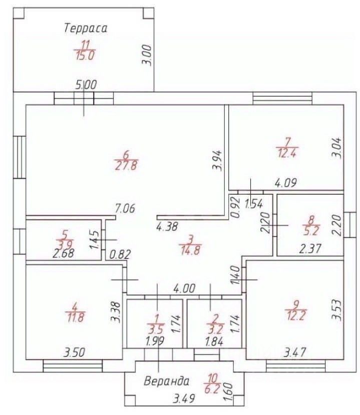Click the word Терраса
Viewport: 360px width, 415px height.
pos(86,28)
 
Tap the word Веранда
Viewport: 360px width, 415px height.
pos(167,381)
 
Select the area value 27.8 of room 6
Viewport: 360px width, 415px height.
pos(126,166)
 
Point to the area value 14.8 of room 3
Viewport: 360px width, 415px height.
pos(190,250)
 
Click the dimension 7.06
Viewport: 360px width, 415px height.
pos(125,209)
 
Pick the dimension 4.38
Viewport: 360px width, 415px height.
pos(167,227)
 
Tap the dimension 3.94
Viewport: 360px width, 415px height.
pos(217,160)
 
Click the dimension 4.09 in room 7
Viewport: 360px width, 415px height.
pos(285,183)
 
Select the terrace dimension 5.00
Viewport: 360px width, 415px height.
pos(86,85)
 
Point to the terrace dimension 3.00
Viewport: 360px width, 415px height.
pos(147,56)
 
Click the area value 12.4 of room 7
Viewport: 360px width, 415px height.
pos(287,153)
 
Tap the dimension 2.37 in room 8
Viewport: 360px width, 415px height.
pos(310,249)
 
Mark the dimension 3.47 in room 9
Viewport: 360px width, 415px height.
pos(295,352)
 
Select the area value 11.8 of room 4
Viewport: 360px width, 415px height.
pos(75,317)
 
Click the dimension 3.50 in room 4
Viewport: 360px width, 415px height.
pos(75,352)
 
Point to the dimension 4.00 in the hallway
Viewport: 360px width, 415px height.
pos(184,288)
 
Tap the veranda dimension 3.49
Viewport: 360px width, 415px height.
pos(184,398)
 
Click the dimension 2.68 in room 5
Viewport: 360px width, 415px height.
pos(63,253)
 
